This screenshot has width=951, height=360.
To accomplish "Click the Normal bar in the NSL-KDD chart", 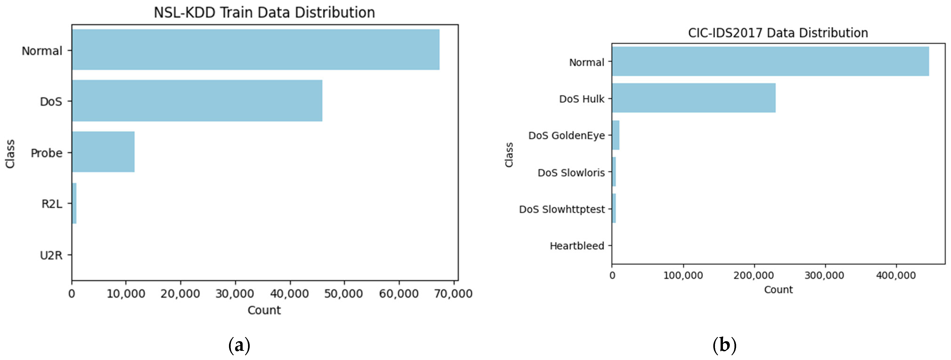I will [256, 49].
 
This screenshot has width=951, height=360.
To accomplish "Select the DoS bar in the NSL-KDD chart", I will [197, 100].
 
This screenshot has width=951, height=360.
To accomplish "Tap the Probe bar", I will [103, 152].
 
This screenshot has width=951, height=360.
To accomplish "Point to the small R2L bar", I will [74, 203].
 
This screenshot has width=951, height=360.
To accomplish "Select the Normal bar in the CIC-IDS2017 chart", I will [770, 61].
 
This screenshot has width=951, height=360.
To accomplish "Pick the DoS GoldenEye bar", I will [615, 135].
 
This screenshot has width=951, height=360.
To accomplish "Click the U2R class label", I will [51, 255].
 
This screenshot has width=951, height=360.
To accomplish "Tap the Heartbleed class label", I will [577, 246].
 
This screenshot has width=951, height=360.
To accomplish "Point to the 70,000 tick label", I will [453, 294].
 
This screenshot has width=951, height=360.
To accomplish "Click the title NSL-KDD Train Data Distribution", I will [264, 12].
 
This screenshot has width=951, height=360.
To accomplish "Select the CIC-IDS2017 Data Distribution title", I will [778, 33].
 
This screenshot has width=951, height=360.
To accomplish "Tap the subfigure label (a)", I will [239, 346].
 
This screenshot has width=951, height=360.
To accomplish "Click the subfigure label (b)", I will [724, 346].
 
